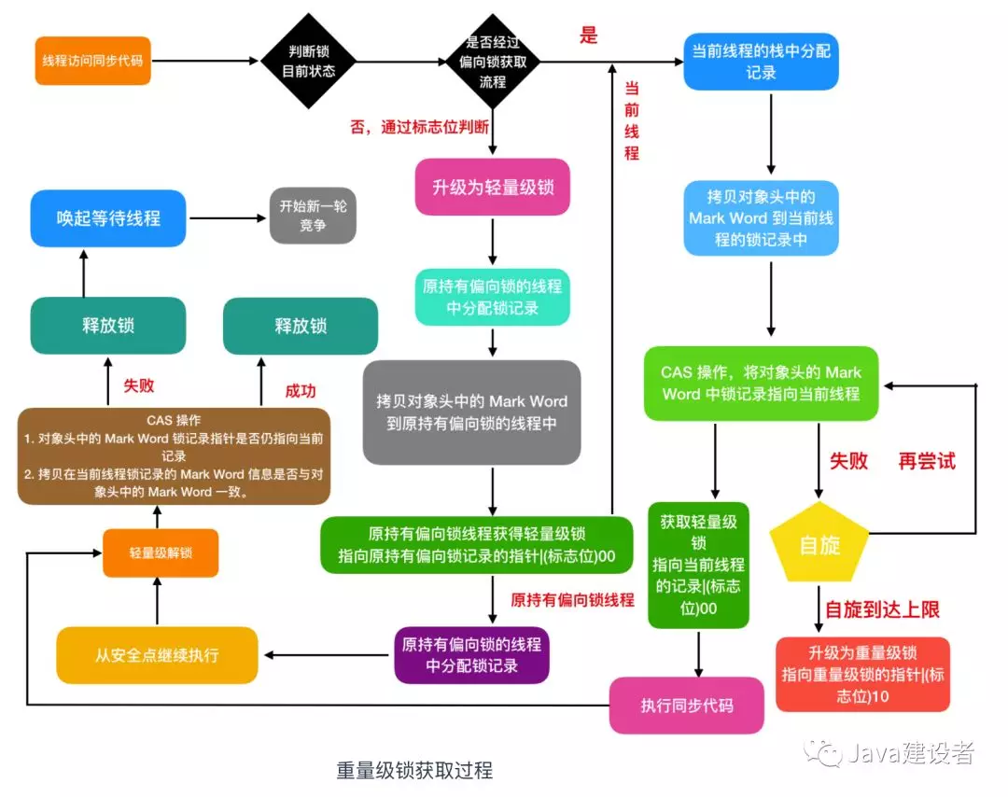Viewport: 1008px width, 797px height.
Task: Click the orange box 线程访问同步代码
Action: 93,61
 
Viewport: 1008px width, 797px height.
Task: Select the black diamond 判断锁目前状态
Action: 308,61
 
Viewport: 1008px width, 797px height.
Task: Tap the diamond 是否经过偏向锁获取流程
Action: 492,61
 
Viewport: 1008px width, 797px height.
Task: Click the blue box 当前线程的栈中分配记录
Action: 761,61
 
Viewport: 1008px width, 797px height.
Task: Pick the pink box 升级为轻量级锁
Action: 492,188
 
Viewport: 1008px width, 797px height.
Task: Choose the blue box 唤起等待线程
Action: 108,218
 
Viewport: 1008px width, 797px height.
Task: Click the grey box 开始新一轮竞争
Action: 313,217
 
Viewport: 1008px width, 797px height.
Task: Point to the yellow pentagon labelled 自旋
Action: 819,543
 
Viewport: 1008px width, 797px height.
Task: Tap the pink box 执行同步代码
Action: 687,705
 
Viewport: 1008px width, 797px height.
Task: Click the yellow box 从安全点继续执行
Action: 157,655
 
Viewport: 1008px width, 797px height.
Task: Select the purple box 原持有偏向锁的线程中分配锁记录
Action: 471,655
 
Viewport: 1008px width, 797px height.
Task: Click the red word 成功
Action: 301,391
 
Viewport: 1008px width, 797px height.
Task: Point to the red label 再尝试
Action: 927,461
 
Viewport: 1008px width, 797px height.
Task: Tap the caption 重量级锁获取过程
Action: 414,771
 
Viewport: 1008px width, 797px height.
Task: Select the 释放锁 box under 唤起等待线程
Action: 108,326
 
